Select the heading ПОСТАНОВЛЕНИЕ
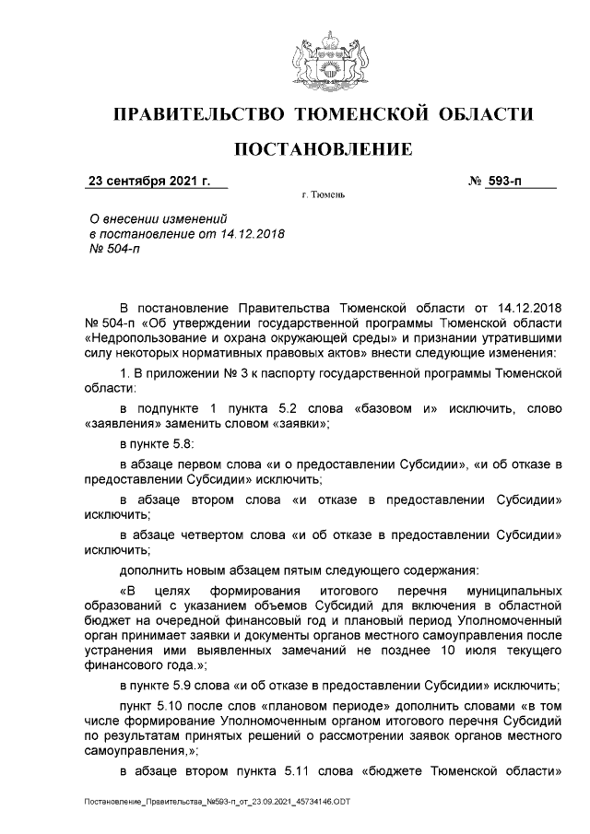pos(321,149)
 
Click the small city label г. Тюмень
pos(324,196)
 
